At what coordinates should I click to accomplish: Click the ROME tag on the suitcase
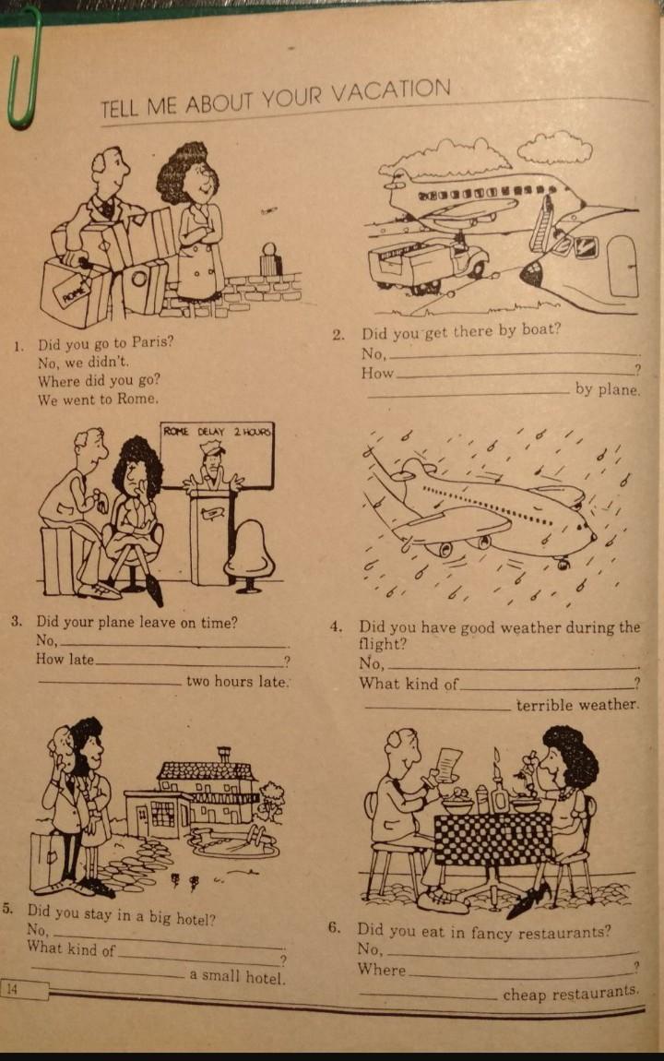coord(76,292)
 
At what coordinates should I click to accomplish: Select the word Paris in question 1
coord(152,341)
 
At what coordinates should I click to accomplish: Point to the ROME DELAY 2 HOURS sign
coord(217,431)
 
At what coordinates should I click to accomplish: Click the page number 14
coord(11,989)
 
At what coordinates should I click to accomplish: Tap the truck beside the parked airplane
coord(427,264)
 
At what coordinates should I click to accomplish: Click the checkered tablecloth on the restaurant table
coord(493,838)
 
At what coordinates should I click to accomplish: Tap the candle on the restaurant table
coord(498,778)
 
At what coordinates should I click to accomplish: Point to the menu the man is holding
coord(447,761)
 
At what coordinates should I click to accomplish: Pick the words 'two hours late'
coord(237,682)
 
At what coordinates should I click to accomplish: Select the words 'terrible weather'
coord(576,704)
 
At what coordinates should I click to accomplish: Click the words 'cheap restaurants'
coord(570,994)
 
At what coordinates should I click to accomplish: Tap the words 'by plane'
coord(607,389)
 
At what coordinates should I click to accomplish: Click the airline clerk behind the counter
coord(211,466)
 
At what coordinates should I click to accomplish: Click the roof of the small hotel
coord(206,769)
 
